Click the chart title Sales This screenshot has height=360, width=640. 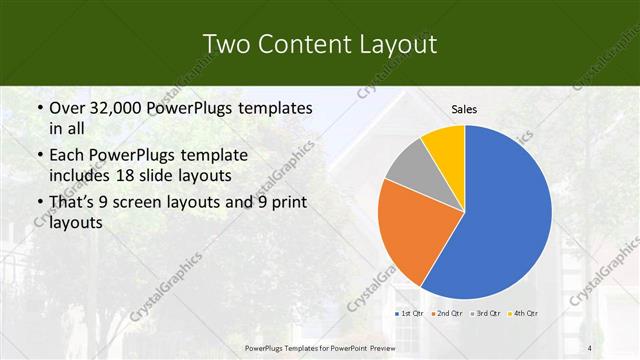pos(464,109)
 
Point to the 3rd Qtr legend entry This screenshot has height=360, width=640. pos(486,314)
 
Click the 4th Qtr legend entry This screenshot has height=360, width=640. pos(526,314)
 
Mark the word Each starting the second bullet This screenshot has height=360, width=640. pos(66,156)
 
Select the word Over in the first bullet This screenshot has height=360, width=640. pos(67,108)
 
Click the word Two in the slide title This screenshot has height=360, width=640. pos(225,44)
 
